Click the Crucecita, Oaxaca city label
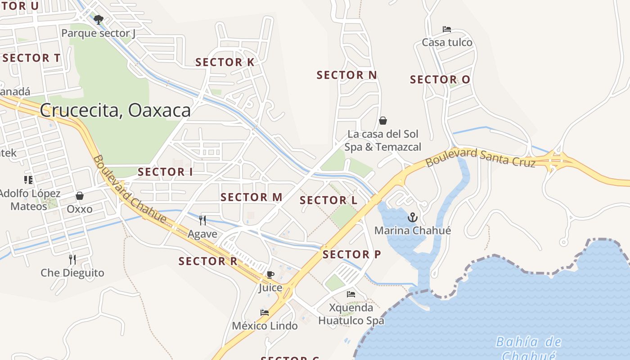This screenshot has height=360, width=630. (115, 110)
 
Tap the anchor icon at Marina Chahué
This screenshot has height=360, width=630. (412, 218)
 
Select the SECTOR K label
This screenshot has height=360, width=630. (225, 63)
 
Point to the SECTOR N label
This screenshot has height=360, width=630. (346, 75)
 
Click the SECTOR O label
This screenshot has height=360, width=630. (440, 80)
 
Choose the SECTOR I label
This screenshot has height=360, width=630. (165, 172)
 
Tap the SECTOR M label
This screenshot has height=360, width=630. (251, 197)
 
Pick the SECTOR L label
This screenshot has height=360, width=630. (328, 200)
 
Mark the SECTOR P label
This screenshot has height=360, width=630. (351, 255)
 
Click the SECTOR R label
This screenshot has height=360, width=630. (207, 261)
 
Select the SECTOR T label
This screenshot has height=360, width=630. (31, 58)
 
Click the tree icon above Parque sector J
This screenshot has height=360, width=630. (99, 19)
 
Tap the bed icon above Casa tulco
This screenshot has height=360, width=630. (447, 29)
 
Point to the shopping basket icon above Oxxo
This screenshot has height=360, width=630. (80, 196)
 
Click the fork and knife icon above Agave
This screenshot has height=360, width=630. (202, 220)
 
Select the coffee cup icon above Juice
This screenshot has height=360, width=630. (270, 274)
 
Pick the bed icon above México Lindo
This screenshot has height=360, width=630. (265, 312)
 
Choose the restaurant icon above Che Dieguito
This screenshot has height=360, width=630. (72, 259)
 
